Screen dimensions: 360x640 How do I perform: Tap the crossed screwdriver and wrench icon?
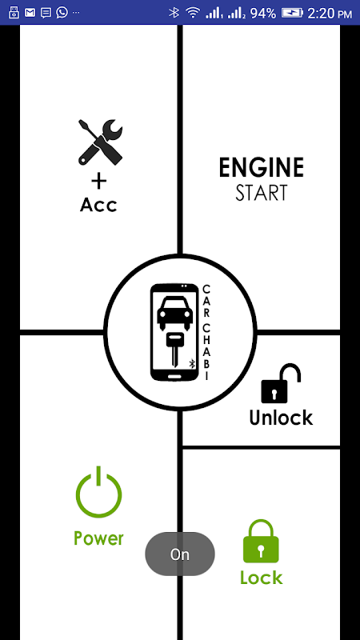(x=101, y=142)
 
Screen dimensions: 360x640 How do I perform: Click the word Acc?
(x=98, y=205)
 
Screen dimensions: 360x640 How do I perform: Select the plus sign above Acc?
(x=98, y=182)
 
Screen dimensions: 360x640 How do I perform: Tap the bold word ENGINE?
(x=262, y=168)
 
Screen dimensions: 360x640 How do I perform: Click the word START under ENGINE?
(x=262, y=193)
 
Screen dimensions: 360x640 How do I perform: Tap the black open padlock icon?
(x=281, y=383)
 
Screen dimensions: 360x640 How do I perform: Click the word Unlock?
(x=281, y=418)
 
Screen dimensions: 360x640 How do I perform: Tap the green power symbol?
(x=98, y=492)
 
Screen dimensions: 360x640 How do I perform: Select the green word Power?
(x=98, y=538)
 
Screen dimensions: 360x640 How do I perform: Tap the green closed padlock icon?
(x=261, y=541)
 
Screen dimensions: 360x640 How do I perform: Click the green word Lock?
(x=262, y=578)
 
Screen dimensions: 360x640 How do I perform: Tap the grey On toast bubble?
(x=180, y=554)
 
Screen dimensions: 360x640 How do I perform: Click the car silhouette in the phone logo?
(x=174, y=313)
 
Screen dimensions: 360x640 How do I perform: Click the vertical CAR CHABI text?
(x=206, y=332)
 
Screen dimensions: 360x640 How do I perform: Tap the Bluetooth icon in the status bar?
(x=174, y=13)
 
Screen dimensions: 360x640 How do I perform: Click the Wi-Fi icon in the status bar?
(x=193, y=13)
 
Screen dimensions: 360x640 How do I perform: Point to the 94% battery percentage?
(x=263, y=14)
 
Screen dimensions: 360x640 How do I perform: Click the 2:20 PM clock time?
(x=330, y=14)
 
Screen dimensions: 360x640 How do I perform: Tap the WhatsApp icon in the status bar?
(x=62, y=13)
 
